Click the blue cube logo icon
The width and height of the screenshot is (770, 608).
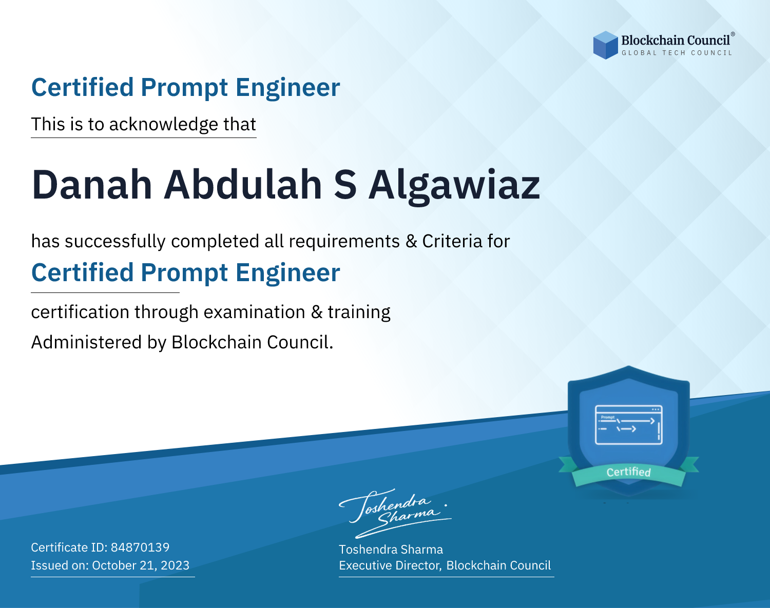[605, 45]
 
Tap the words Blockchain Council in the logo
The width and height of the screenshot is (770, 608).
[676, 41]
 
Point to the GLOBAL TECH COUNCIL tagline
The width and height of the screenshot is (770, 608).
[677, 53]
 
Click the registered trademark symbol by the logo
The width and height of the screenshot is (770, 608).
[733, 34]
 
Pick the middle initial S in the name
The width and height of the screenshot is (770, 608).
[345, 185]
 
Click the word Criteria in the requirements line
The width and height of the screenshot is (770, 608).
[452, 241]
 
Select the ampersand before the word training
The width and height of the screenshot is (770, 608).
[316, 312]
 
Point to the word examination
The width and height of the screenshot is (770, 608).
[254, 312]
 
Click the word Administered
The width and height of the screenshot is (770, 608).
[87, 342]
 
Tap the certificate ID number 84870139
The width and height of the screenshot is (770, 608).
[140, 547]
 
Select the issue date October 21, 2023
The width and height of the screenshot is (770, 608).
[141, 565]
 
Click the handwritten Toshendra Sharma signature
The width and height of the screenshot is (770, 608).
[395, 513]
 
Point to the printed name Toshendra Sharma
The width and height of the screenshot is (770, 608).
[391, 550]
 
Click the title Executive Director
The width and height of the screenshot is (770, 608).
[389, 565]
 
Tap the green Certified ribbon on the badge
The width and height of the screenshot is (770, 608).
[629, 472]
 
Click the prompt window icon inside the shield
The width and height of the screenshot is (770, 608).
[629, 425]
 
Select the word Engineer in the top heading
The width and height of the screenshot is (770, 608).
[287, 88]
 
